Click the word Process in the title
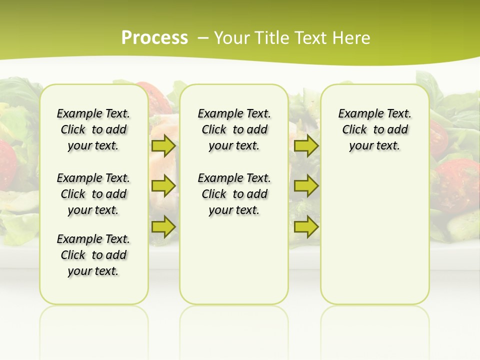[x=154, y=38]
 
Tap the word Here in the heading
[x=352, y=38]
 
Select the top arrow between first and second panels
[x=163, y=146]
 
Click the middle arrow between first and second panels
[x=163, y=186]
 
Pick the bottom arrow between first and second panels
[x=163, y=226]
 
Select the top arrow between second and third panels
[x=306, y=146]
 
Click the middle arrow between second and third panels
[x=306, y=186]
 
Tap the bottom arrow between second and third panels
[x=306, y=226]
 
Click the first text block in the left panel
[x=93, y=129]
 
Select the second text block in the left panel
[x=93, y=194]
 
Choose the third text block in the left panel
[x=93, y=255]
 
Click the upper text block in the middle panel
[x=234, y=129]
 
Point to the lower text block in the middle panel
[x=234, y=194]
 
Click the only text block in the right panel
[x=374, y=129]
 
